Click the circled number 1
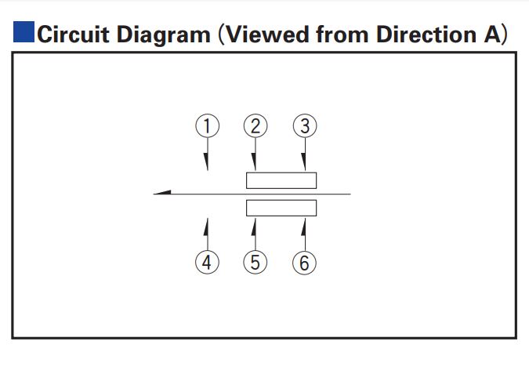pos(207,126)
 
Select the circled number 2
pos(255,126)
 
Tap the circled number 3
pos(305,126)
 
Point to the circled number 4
pos(207,263)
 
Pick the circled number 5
pos(255,263)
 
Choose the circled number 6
pos(304,263)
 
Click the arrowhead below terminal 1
pos(206,162)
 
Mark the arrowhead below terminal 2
pos(254,162)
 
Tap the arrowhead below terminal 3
pos(303,162)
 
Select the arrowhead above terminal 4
pos(206,227)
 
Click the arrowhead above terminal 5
pos(254,227)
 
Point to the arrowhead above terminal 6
pos(303,227)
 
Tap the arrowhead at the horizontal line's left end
pos(162,193)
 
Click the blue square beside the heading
pos(24,31)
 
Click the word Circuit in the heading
pos(73,34)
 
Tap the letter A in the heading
pos(492,34)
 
